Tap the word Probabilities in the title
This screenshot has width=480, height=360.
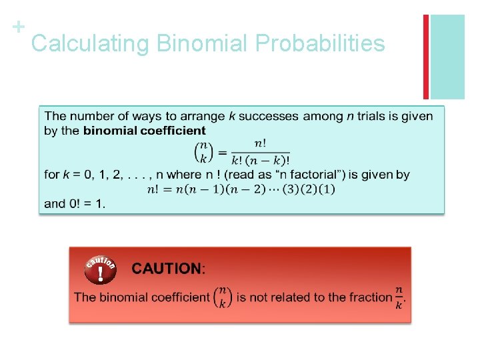pyautogui.click(x=320, y=44)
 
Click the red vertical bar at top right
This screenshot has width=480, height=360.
pyautogui.click(x=426, y=57)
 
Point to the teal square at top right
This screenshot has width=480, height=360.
pyautogui.click(x=447, y=57)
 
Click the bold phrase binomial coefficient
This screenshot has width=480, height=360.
pyautogui.click(x=144, y=131)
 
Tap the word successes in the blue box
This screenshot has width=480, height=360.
pyautogui.click(x=269, y=117)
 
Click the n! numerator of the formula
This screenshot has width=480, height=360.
pyautogui.click(x=260, y=144)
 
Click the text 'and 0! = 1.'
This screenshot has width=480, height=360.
pyautogui.click(x=75, y=204)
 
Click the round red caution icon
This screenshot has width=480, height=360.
pyautogui.click(x=100, y=270)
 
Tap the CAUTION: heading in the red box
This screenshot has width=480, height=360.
pyautogui.click(x=169, y=269)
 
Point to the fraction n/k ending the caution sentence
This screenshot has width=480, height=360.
pyautogui.click(x=399, y=297)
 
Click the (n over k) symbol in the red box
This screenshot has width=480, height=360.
pyautogui.click(x=223, y=297)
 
